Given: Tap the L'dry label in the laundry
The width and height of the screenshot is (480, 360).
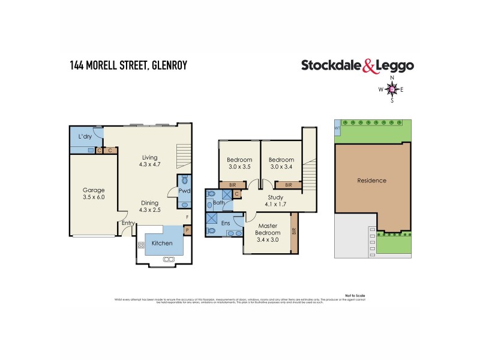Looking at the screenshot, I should [85, 137].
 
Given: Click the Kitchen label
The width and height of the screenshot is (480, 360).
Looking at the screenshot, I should [161, 243].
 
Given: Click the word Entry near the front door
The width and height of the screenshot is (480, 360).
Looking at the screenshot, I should [128, 223].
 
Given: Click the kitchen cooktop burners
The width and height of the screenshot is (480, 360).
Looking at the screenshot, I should [142, 245].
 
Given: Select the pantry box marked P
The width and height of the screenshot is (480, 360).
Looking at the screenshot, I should [187, 230].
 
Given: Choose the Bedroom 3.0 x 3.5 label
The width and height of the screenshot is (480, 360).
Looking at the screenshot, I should [238, 163].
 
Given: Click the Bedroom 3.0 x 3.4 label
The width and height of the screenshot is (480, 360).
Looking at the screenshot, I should [280, 163].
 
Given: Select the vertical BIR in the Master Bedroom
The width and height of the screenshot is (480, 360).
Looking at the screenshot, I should [294, 230].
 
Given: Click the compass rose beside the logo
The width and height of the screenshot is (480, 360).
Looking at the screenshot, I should [392, 90].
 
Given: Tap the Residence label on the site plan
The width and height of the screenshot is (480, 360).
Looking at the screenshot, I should [371, 181].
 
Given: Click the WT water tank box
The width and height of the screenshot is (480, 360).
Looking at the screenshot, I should [337, 127].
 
